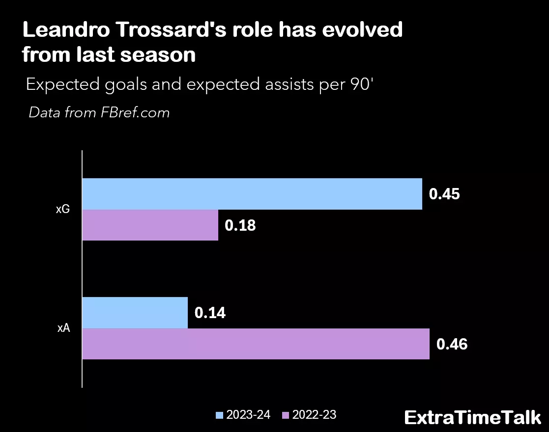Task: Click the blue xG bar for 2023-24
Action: (252, 194)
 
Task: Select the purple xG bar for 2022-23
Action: (150, 225)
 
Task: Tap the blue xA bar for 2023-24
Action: (135, 313)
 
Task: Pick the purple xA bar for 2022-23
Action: (256, 344)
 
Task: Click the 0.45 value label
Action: (444, 194)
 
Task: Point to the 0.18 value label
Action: (240, 225)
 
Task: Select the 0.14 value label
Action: (210, 313)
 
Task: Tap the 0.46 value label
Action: (452, 344)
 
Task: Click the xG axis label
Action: (63, 210)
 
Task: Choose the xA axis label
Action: (63, 328)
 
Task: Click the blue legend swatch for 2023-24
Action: (219, 415)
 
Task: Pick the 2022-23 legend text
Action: (314, 415)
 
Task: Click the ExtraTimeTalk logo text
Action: (472, 418)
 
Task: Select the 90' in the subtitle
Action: (361, 85)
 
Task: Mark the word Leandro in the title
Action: (65, 30)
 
